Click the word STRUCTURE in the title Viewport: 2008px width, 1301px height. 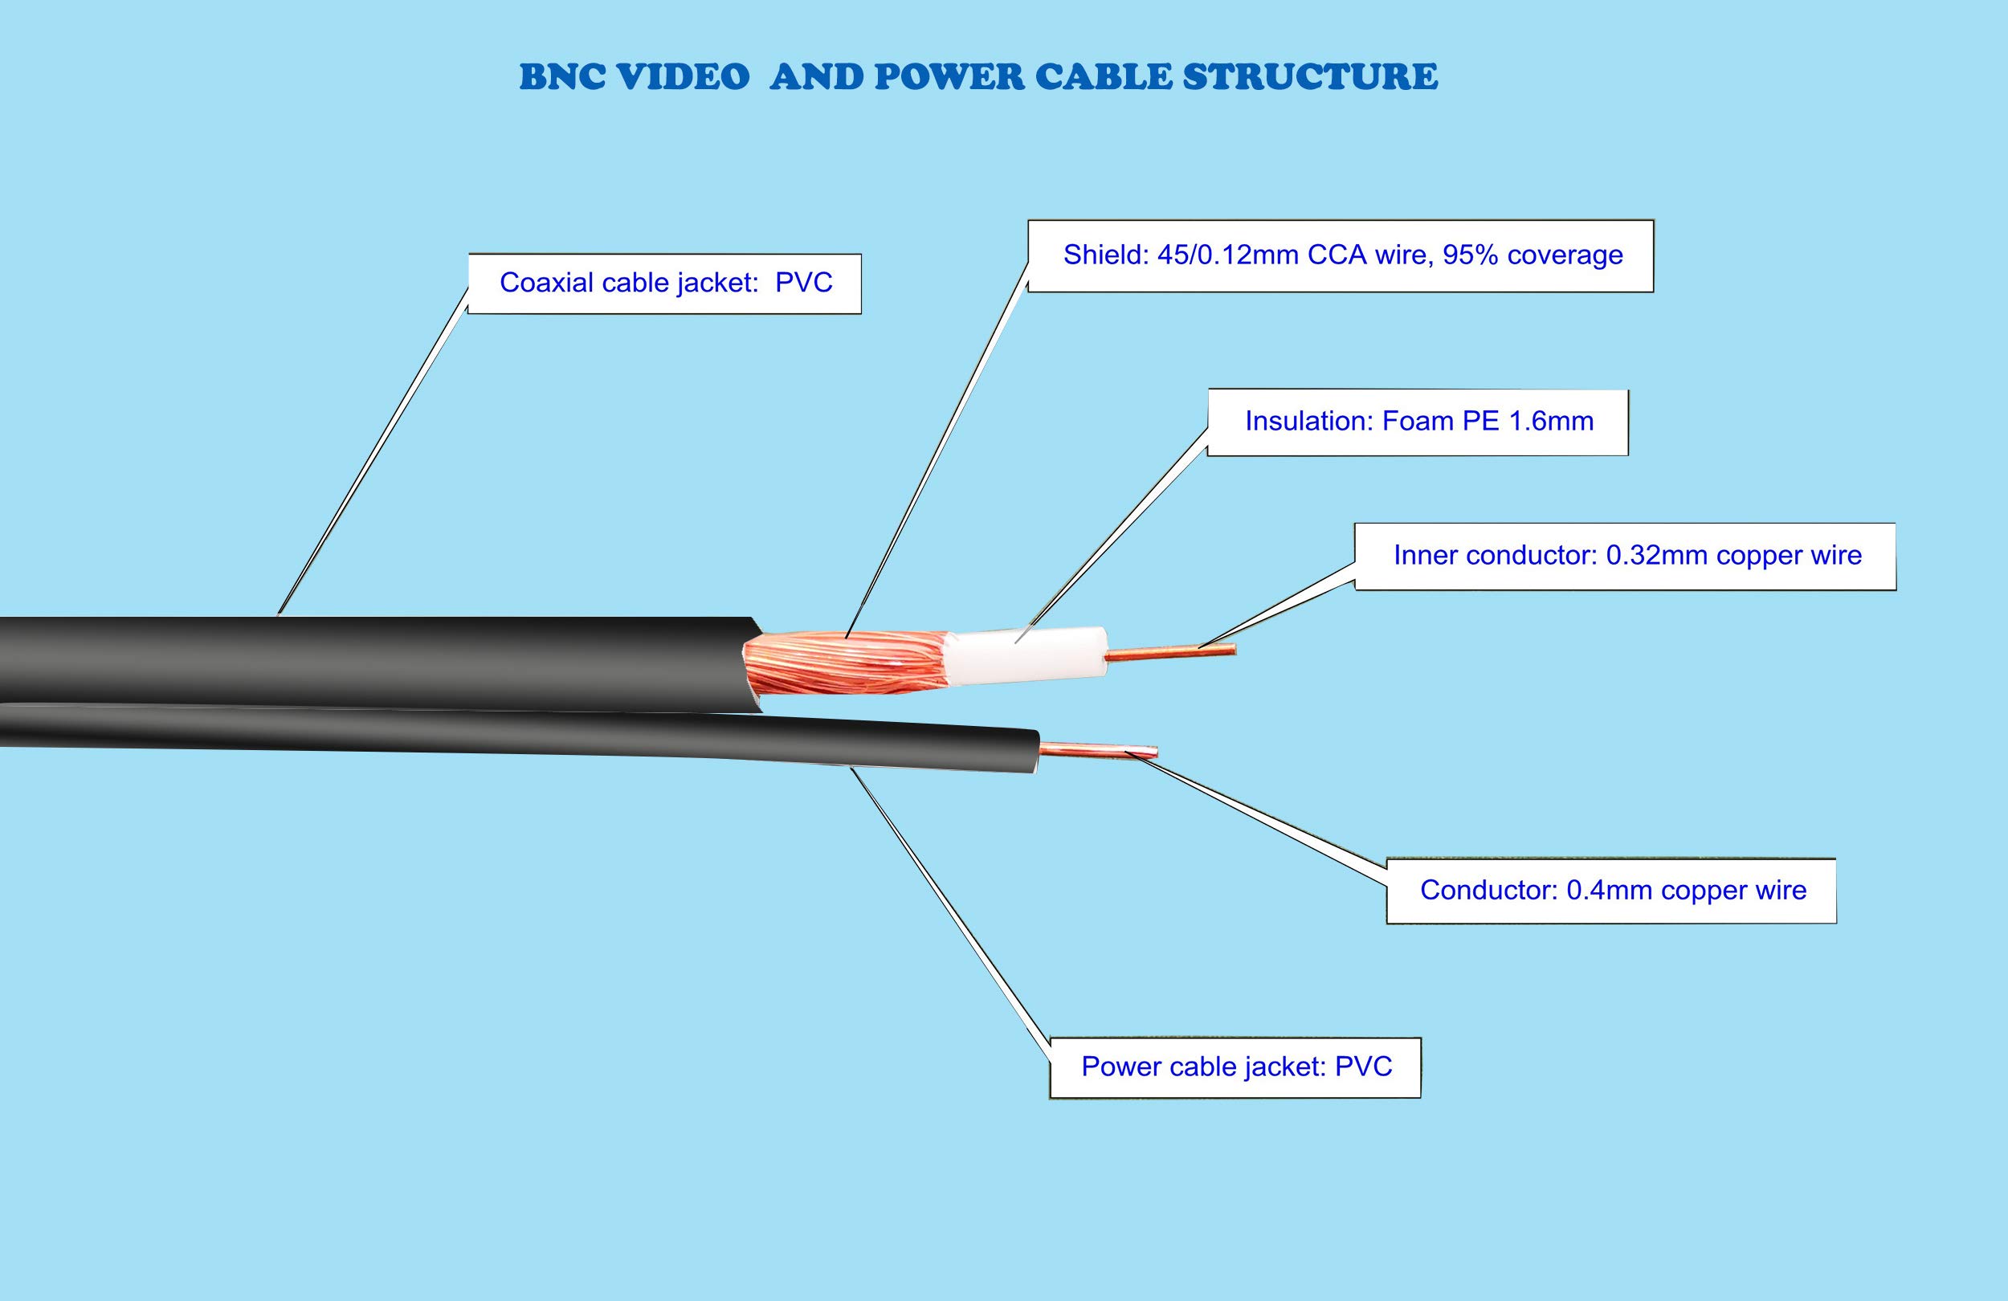pyautogui.click(x=1309, y=77)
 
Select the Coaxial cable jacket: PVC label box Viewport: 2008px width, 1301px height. pyautogui.click(x=665, y=283)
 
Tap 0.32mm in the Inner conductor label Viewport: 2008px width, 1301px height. pyautogui.click(x=1657, y=555)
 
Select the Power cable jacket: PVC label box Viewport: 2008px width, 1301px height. pyautogui.click(x=1235, y=1067)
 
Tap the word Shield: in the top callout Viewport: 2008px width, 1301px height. pyautogui.click(x=1105, y=255)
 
